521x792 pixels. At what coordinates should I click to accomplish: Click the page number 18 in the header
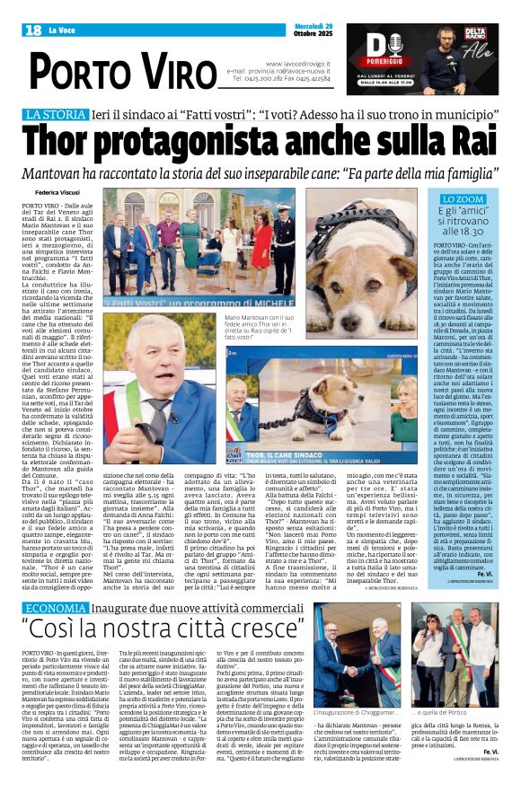point(33,31)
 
